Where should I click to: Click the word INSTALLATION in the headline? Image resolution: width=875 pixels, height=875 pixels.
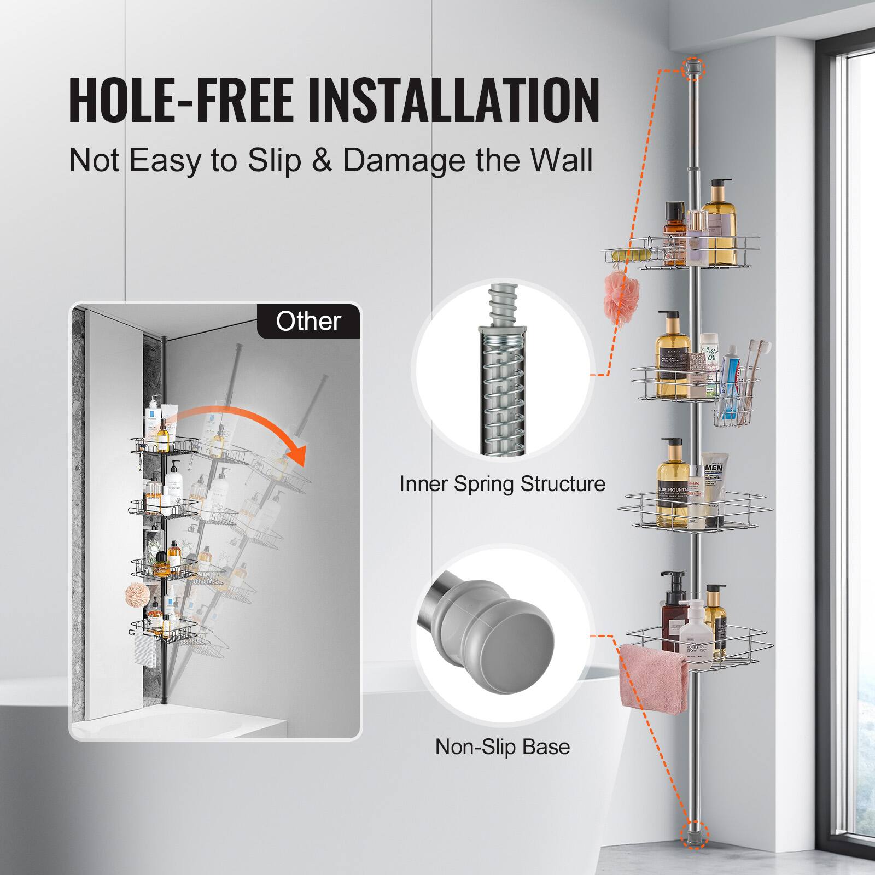coord(454,101)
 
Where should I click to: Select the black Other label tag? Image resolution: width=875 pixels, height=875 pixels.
coord(308,322)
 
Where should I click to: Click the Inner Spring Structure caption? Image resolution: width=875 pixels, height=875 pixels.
coord(502,484)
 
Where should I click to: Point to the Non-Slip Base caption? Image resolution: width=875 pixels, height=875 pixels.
coord(502,746)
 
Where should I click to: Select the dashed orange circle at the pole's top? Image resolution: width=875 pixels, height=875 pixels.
coord(693,68)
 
